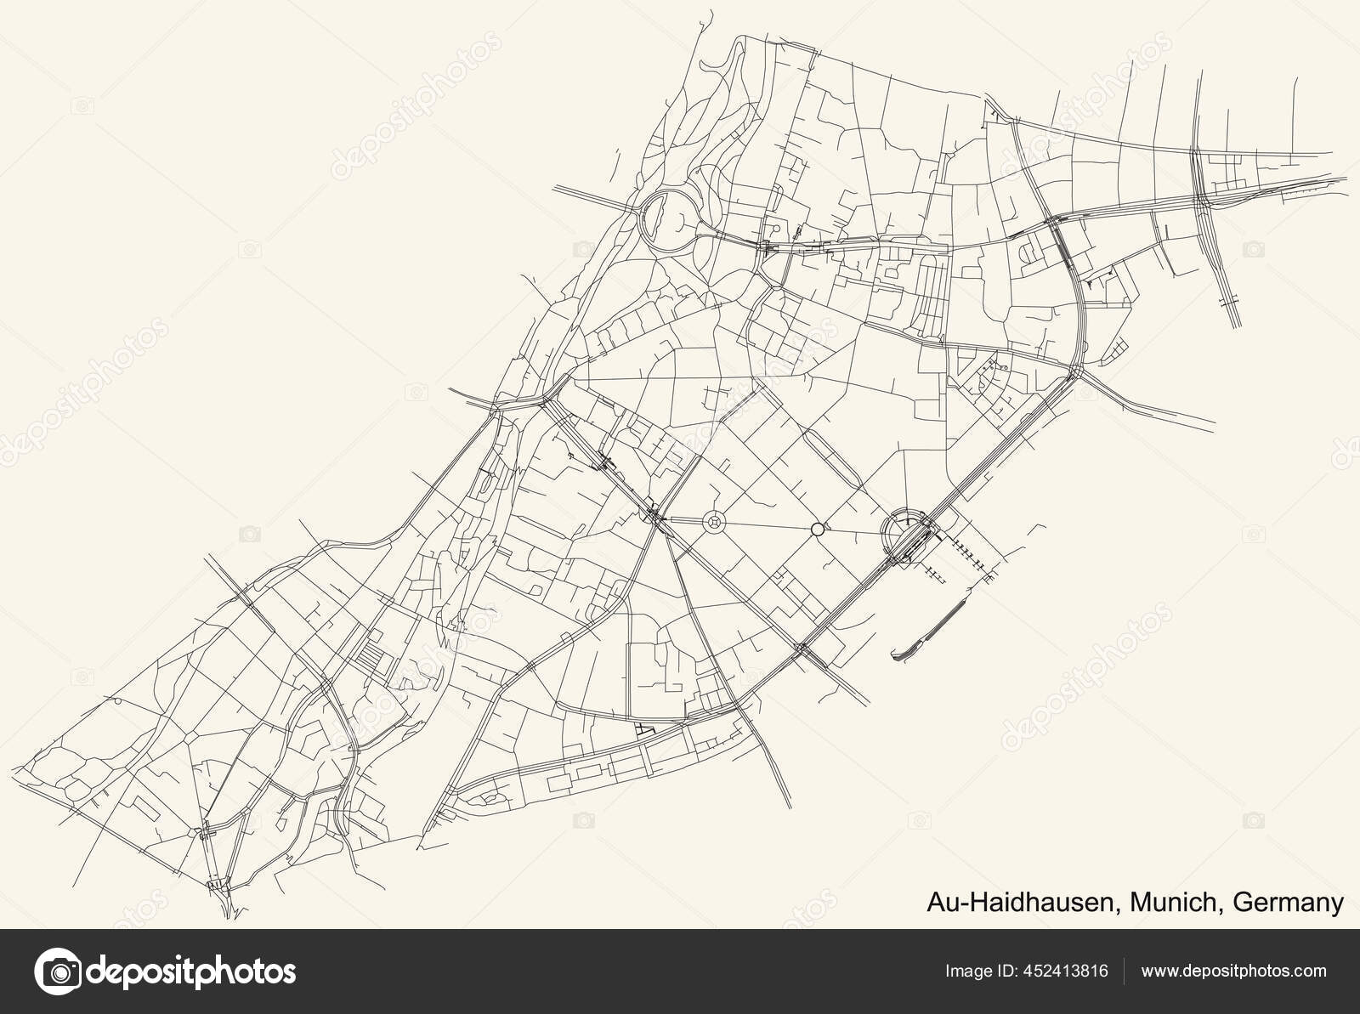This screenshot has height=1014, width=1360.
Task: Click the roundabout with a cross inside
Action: click(714, 521)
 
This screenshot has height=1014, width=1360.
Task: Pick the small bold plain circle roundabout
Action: click(817, 529)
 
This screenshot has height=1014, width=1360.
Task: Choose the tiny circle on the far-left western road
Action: click(116, 700)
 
